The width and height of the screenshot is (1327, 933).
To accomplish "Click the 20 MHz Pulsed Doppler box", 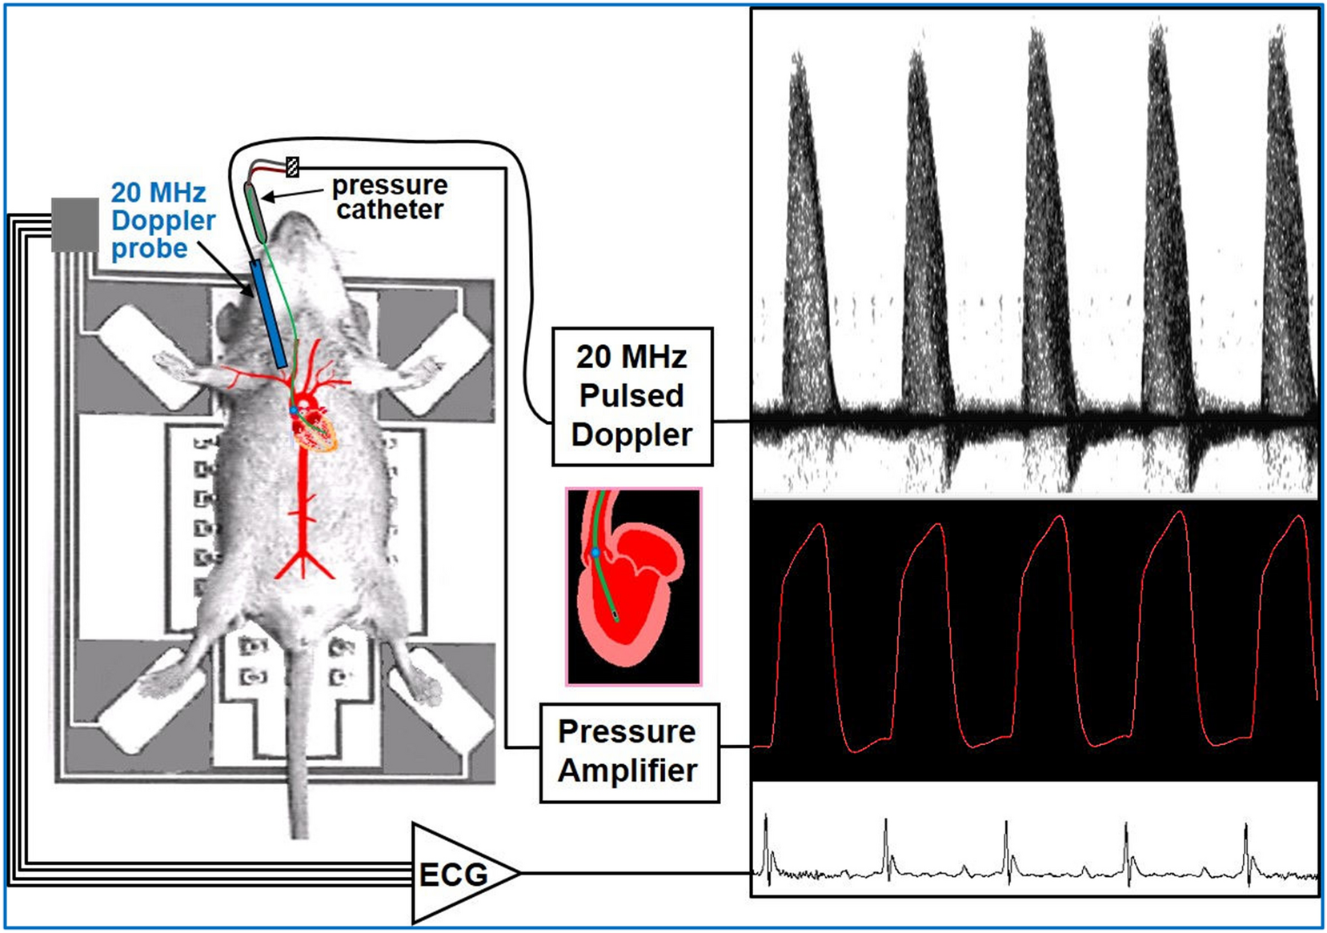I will [631, 396].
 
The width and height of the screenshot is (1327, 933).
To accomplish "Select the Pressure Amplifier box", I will [629, 751].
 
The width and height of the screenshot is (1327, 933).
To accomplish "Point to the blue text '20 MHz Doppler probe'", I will [162, 221].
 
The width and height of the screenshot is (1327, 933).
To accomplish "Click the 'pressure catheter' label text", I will [390, 198].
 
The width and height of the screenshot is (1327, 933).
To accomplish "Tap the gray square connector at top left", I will [75, 225].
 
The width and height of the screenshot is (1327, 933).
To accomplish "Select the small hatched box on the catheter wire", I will [293, 166].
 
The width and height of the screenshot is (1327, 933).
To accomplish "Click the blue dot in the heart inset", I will [595, 553].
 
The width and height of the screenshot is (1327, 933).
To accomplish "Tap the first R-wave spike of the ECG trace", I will [766, 824].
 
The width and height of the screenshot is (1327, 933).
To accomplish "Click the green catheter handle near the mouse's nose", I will [255, 211].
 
